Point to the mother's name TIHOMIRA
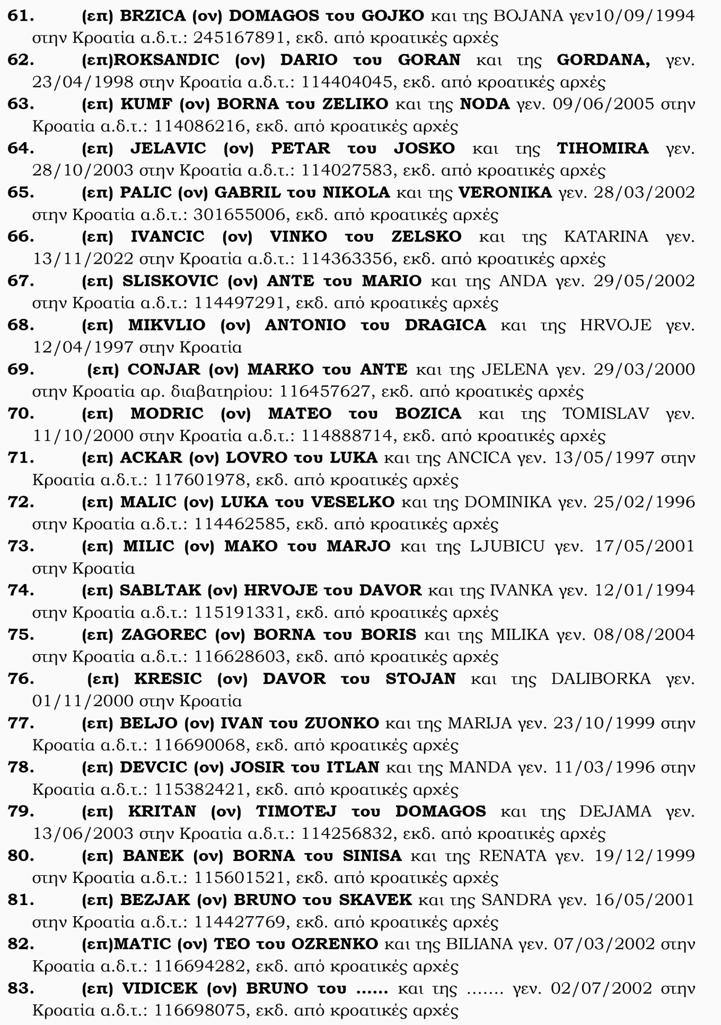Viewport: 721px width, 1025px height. (603, 149)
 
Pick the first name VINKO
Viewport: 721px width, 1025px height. (298, 237)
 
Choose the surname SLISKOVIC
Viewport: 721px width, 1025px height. (170, 281)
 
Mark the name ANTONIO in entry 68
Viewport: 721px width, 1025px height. (305, 325)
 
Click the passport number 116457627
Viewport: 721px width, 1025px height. (324, 392)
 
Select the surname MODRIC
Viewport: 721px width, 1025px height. (167, 413)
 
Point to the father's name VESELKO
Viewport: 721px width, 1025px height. (353, 502)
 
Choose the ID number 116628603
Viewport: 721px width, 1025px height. (240, 657)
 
